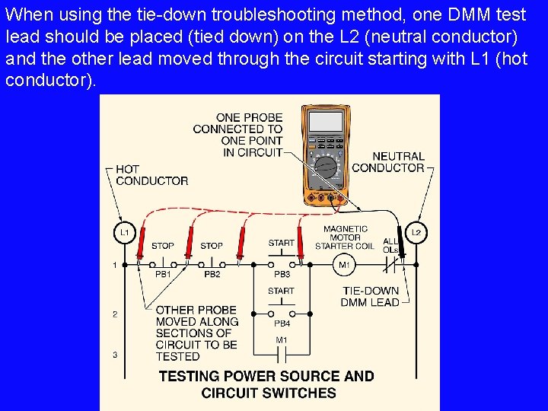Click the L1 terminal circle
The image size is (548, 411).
pos(125,232)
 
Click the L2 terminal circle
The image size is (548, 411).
pos(416,232)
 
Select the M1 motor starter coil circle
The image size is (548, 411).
pos(343,265)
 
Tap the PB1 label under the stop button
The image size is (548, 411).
pos(164,274)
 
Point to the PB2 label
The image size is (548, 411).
pos(212,274)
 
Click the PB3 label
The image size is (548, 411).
pos(282,274)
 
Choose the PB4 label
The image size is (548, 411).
pos(282,323)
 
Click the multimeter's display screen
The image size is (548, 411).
pos(326,121)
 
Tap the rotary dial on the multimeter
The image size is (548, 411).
pos(327,167)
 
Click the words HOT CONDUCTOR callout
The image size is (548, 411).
pos(151,175)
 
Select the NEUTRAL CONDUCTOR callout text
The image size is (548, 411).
pos(388,162)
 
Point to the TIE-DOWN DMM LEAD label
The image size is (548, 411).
pos(371,297)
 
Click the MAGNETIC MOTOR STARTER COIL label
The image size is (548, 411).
pos(345,237)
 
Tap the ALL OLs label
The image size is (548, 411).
pos(390,245)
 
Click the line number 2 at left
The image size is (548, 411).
pos(115,314)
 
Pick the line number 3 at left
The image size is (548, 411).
pos(115,355)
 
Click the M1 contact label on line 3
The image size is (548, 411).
pos(282,339)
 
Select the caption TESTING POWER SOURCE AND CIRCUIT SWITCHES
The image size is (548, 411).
pos(268,384)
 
